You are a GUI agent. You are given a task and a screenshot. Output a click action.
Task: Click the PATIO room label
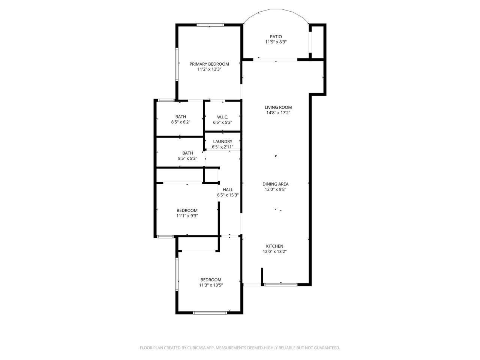coord(276,37)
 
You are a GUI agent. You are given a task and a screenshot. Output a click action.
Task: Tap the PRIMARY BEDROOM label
coord(209,64)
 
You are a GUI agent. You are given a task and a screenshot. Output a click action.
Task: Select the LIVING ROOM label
coord(278,108)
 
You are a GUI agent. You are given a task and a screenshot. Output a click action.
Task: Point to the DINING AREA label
coord(275,184)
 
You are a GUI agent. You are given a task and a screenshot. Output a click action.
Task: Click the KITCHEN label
coord(275,246)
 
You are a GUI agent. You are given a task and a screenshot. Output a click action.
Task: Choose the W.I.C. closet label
coord(222,117)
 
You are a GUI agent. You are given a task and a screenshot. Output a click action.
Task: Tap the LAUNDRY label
coord(222,142)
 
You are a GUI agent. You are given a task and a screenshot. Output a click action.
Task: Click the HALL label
coord(228,190)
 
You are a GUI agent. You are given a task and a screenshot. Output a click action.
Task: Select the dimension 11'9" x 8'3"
coord(276,42)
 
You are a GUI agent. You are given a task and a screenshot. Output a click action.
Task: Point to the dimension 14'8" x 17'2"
coord(278,113)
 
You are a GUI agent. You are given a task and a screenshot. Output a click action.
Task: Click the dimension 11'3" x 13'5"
coord(210,285)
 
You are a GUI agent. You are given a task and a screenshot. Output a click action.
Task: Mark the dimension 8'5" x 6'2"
coord(180,122)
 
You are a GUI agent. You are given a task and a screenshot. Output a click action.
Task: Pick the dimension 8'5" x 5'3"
coord(187,159)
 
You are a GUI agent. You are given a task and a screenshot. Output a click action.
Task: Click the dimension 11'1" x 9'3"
coord(187,216)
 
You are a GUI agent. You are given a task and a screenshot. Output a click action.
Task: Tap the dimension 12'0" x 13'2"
coord(275,252)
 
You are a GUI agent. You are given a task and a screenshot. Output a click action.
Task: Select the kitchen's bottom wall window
coord(281,285)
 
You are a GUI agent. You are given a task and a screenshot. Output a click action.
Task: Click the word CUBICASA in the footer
coord(197,348)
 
